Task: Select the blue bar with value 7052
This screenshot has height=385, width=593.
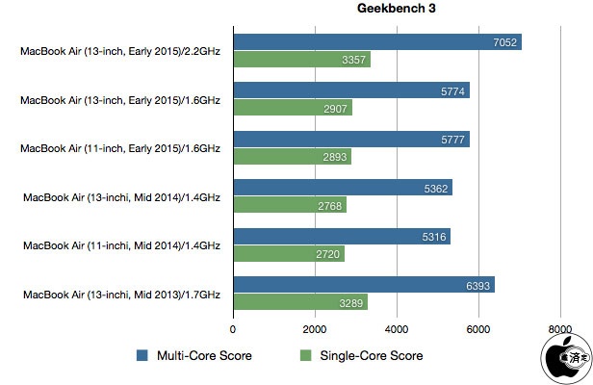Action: pos(375,42)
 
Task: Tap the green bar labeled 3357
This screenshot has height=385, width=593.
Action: pos(300,61)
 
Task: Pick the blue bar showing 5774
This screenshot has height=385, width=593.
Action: pos(350,90)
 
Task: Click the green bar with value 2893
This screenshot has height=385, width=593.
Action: pos(291,157)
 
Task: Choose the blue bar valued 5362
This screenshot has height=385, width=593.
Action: pos(342,188)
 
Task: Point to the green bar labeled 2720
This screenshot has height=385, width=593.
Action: pos(288,254)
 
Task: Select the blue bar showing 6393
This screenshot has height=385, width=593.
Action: pos(362,284)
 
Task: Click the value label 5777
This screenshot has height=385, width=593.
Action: pos(452,140)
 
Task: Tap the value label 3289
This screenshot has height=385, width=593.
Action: pos(350,303)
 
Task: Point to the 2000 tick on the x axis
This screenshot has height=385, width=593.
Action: pos(315,328)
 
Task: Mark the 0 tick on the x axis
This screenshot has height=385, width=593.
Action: pos(233,328)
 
